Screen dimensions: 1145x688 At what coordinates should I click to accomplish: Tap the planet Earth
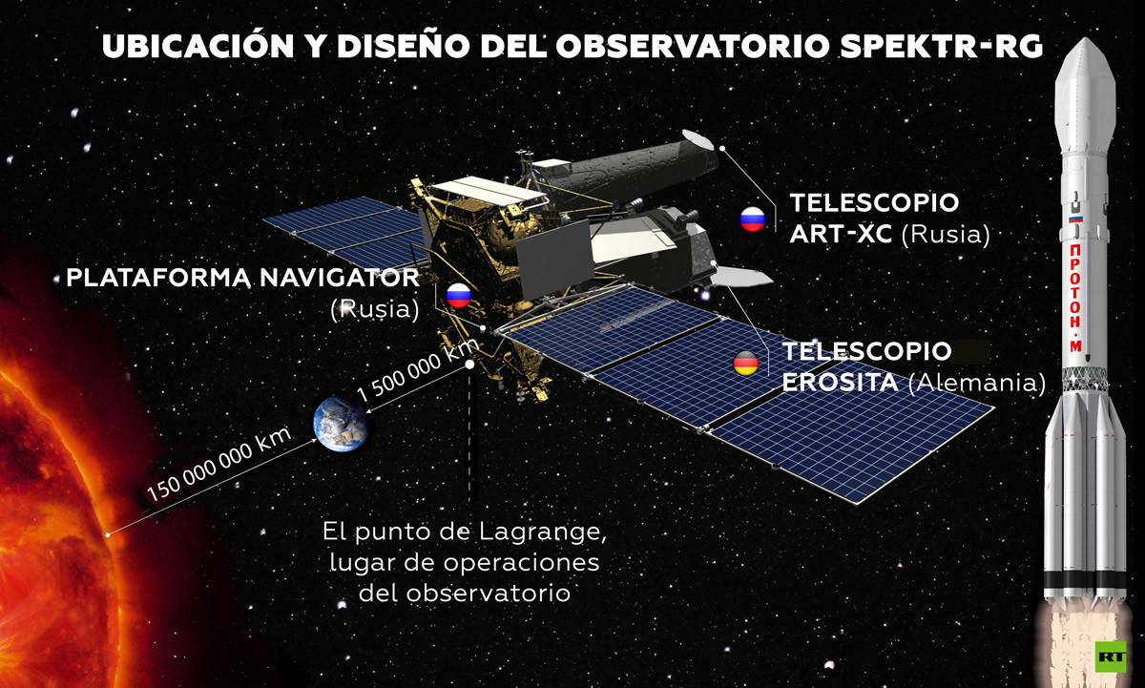pos(341,426)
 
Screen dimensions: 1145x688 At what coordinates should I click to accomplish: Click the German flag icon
pos(746,364)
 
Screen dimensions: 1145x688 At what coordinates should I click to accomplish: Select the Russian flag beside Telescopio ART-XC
pos(753,219)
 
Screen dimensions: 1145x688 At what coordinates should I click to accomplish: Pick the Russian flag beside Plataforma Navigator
pos(459,296)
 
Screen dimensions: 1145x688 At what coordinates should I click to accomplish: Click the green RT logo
pos(1111,657)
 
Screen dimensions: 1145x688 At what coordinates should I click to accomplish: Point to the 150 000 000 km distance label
pos(219,464)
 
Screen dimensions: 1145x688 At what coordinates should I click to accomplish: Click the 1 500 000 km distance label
pos(418,370)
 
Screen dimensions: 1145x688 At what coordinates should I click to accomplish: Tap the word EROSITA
pos(840,383)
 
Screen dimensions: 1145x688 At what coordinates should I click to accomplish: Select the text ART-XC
pos(841,234)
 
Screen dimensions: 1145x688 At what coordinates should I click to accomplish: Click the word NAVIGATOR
pos(340,278)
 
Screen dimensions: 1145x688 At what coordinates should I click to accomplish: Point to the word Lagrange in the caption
pos(543,533)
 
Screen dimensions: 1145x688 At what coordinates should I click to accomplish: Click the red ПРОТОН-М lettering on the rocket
pos(1075,298)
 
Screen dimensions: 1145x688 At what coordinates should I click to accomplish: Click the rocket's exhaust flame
pos(1079,647)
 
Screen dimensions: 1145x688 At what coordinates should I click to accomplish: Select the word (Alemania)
pos(977,384)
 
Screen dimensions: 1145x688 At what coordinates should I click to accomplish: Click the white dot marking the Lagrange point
pos(469,365)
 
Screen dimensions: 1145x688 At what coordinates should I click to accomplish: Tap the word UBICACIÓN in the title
pos(198,46)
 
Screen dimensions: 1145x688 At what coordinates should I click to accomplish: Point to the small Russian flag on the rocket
pos(1075,219)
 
